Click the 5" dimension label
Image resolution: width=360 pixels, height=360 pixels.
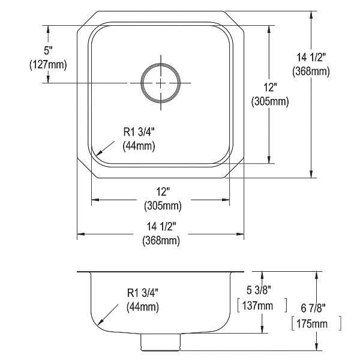pos(49,51)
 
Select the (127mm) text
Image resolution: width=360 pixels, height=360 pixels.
pos(48,65)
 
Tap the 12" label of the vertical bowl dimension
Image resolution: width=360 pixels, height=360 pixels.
pos(270,88)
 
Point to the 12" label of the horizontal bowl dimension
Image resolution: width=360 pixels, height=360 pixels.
pos(163,192)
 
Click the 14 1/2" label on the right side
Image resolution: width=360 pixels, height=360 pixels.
pos(311,58)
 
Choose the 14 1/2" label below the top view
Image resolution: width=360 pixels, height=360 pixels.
pos(161,227)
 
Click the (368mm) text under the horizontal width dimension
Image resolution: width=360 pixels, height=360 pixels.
pos(161,241)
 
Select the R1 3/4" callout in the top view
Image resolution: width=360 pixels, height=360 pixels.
pos(139,132)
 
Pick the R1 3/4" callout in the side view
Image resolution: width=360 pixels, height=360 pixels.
pos(143,293)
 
